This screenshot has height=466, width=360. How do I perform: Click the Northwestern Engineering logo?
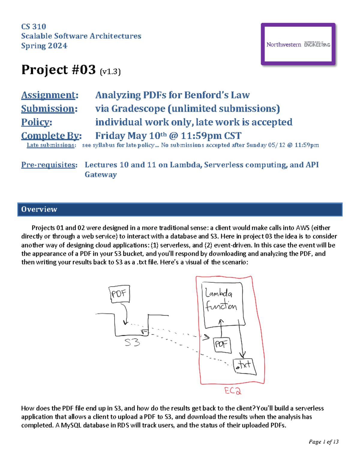(x=298, y=44)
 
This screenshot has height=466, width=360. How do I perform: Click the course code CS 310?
(x=34, y=26)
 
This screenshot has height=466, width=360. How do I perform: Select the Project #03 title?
(x=58, y=70)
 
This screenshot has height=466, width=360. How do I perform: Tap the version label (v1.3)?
(x=110, y=71)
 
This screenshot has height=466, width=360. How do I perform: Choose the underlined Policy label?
(x=36, y=122)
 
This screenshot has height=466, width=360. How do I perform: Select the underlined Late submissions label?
(x=51, y=145)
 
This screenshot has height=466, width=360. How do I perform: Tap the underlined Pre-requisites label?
(x=49, y=165)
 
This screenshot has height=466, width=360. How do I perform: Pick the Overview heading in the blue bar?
(x=39, y=209)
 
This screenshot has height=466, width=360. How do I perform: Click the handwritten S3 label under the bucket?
(x=132, y=342)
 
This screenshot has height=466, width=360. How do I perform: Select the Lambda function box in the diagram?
(x=223, y=305)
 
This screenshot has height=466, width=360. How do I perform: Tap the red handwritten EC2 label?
(x=232, y=391)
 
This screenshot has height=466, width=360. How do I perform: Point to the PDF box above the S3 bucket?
(x=119, y=293)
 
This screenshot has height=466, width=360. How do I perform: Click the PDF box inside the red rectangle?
(x=222, y=344)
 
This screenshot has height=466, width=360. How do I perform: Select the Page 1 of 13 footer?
(x=323, y=442)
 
